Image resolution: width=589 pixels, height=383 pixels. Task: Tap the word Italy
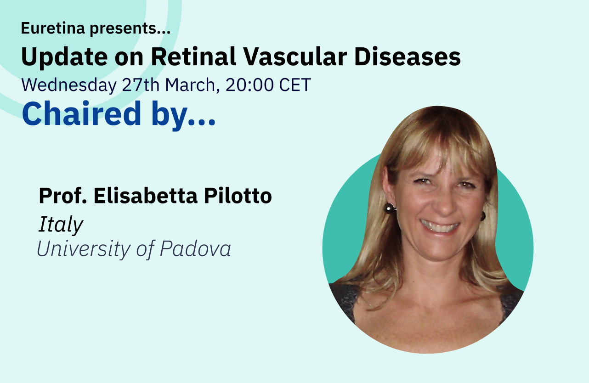(61, 225)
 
